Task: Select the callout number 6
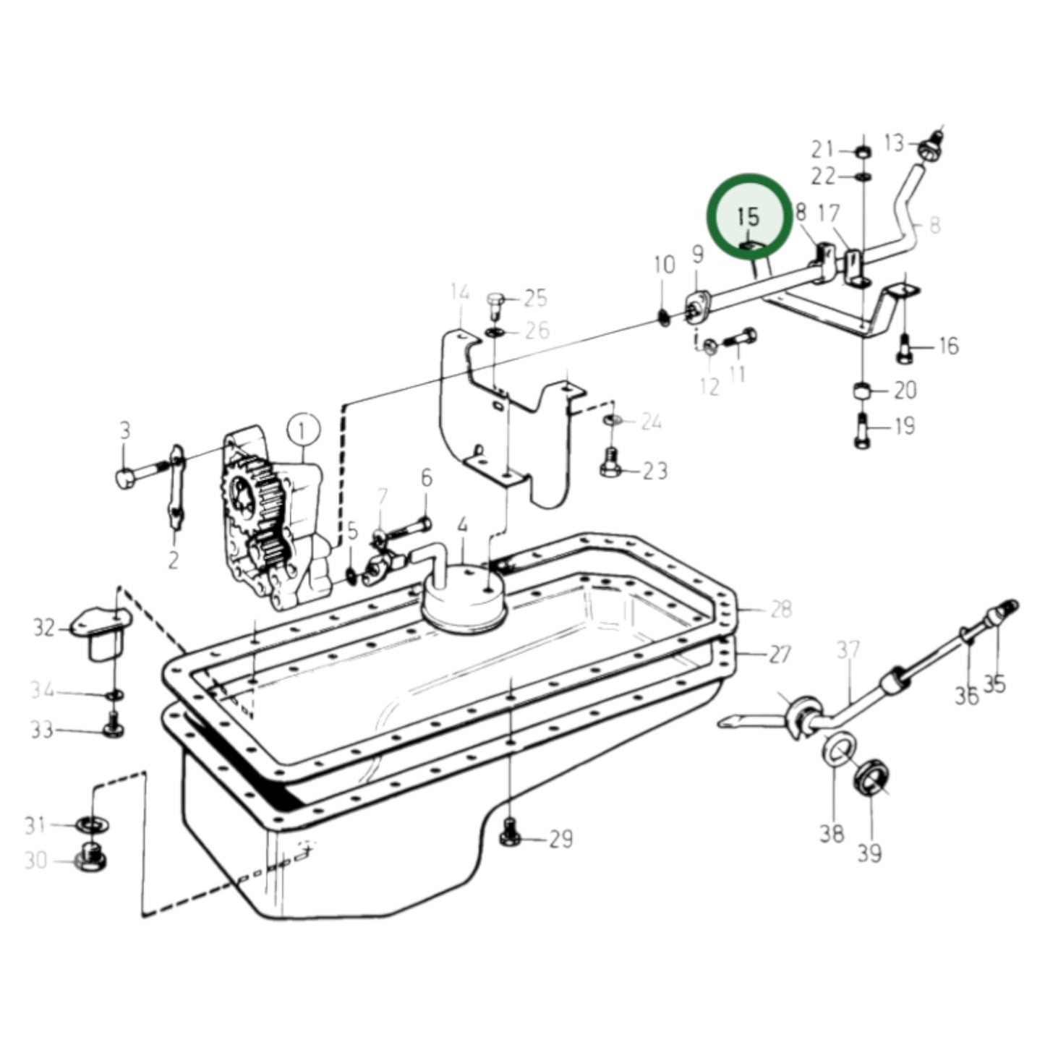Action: pos(427,478)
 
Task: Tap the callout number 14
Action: pos(460,294)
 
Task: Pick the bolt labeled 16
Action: pos(904,349)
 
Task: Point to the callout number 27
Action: pos(780,655)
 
